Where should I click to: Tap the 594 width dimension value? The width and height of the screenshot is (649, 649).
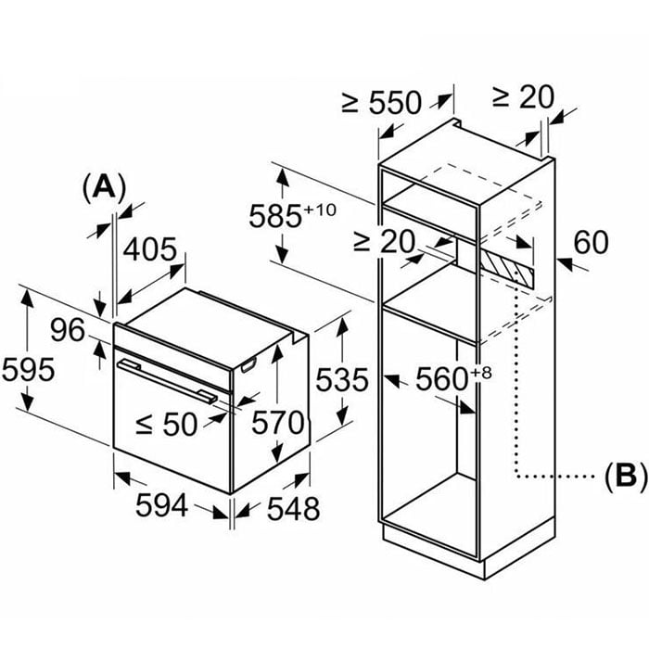pos(163,506)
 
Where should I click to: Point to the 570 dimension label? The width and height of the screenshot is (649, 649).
pos(277,423)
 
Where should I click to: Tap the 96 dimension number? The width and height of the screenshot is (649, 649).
pos(68,330)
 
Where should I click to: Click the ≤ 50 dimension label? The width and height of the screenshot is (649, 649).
pos(167,424)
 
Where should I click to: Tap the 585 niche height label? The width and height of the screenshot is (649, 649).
pos(279,216)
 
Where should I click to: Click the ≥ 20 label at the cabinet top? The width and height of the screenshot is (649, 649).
pos(521,96)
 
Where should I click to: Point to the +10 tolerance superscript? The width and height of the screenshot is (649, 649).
pos(320,209)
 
